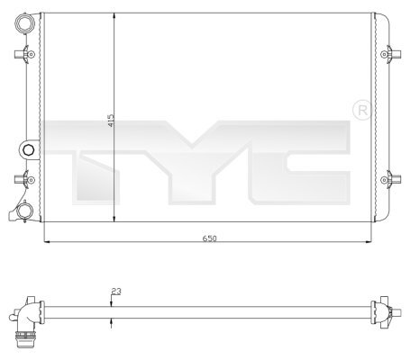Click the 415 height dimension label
pos(110,121)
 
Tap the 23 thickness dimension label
pos(116,290)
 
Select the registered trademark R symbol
pos(363,110)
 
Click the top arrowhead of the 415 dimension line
pos(113,14)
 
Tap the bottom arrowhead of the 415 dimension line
pos(113,223)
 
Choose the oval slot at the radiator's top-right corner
pos(383,19)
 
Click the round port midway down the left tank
pos(28,149)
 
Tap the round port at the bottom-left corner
pos(27,211)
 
